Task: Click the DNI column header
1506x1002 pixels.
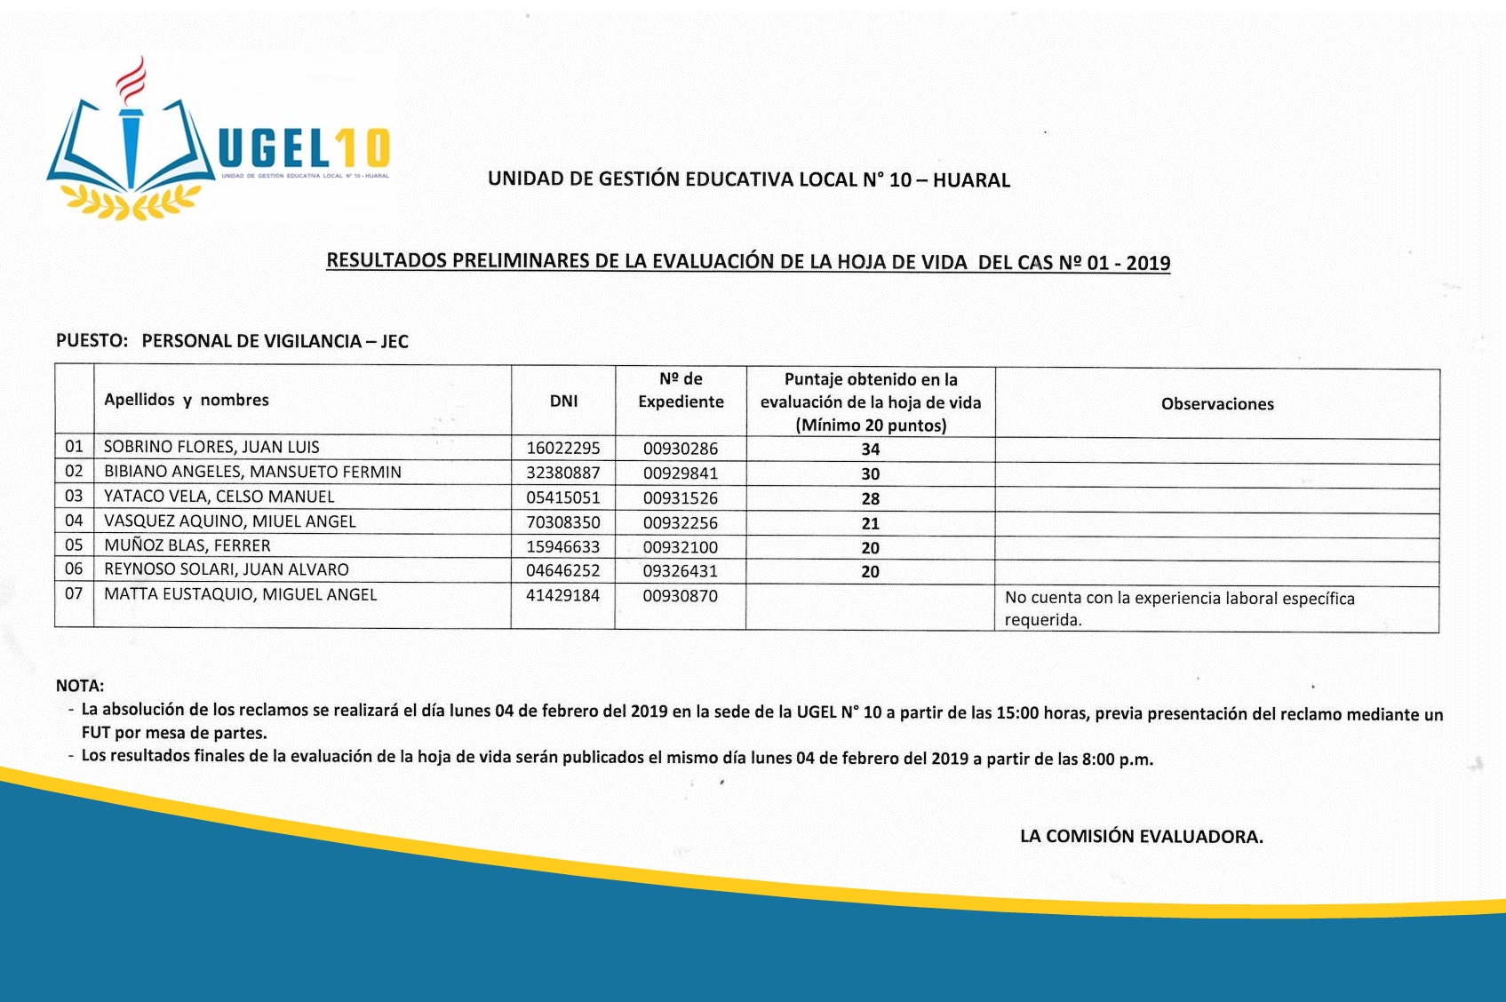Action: (x=563, y=401)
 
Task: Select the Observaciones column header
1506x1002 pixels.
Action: (x=1217, y=404)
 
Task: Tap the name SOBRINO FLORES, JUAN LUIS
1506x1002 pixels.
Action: (x=211, y=447)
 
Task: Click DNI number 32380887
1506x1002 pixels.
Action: (x=563, y=473)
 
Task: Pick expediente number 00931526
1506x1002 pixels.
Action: (x=681, y=498)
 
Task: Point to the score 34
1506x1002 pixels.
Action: (x=871, y=449)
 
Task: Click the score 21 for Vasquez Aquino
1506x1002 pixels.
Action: (x=871, y=523)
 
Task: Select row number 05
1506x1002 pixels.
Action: (x=74, y=545)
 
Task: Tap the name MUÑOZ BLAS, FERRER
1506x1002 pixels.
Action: (x=187, y=545)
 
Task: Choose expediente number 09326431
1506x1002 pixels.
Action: (x=681, y=571)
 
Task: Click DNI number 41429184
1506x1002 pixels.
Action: (x=563, y=595)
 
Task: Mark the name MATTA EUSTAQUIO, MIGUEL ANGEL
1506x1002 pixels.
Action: (x=241, y=594)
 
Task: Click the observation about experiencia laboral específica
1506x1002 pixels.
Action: (x=1179, y=608)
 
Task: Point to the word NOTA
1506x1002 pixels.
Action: (x=80, y=686)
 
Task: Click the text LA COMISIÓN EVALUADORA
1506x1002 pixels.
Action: (x=1141, y=836)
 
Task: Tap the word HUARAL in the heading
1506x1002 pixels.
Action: (x=971, y=180)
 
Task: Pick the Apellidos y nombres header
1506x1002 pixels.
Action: (x=187, y=400)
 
